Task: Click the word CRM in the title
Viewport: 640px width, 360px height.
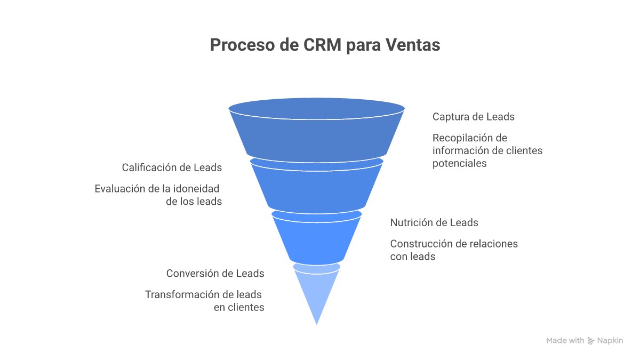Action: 323,45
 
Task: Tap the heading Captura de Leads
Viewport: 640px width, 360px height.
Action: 473,117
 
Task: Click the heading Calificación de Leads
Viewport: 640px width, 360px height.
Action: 172,167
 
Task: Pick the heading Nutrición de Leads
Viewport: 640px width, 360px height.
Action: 434,222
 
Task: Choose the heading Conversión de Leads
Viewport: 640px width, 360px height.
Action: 215,274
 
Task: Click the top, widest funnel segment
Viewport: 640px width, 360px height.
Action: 317,133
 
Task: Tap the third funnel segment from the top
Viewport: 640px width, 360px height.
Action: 317,237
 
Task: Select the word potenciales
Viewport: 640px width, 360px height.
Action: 459,164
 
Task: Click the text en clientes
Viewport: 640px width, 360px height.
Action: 238,307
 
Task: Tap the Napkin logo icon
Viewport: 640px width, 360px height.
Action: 591,341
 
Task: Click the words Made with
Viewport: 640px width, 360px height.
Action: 565,341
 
